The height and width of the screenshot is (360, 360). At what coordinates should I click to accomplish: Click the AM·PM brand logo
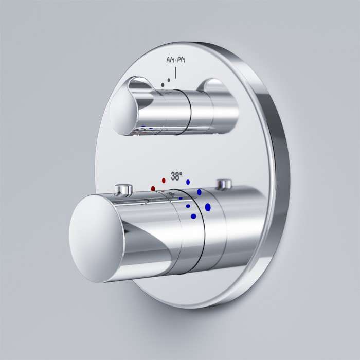[x=176, y=60]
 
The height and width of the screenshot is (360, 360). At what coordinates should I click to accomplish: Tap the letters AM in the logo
[x=170, y=60]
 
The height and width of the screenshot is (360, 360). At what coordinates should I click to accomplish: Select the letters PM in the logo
[x=181, y=60]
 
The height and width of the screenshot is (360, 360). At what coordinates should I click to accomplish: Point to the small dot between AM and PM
[x=176, y=61]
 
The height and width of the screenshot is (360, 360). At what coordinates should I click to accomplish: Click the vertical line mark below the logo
[x=176, y=73]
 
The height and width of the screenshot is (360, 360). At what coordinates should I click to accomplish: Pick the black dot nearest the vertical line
[x=169, y=80]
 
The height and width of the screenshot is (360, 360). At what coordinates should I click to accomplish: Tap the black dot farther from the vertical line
[x=163, y=85]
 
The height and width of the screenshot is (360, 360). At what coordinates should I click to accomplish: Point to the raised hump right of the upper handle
[x=214, y=85]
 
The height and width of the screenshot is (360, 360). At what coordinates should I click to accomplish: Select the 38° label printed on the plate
[x=176, y=176]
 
